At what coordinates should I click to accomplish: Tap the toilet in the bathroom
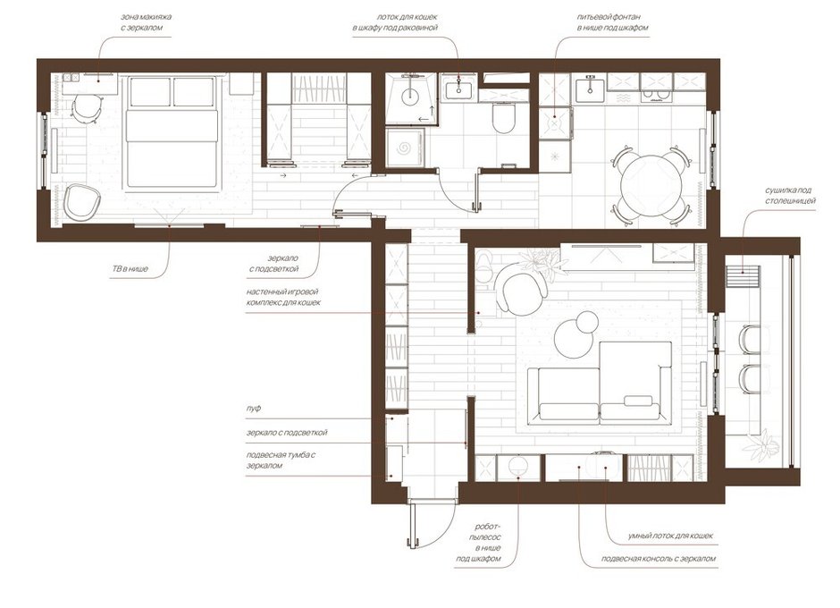click(x=504, y=119)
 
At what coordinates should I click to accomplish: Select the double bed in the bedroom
click(x=172, y=133)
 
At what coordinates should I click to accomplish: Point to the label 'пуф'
click(x=254, y=409)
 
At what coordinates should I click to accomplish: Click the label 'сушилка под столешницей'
click(x=790, y=196)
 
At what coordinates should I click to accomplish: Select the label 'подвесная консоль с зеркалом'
click(x=658, y=559)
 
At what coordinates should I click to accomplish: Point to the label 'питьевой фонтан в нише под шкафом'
click(x=612, y=22)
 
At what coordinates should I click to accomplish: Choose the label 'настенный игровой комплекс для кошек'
click(x=283, y=298)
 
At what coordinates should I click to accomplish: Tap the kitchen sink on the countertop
click(x=591, y=87)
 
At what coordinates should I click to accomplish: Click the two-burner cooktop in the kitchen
click(x=658, y=97)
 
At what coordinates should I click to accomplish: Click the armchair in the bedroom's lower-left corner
click(x=81, y=201)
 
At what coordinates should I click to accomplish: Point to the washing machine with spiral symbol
click(x=405, y=147)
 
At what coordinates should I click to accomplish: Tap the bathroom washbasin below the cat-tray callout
click(x=458, y=88)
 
